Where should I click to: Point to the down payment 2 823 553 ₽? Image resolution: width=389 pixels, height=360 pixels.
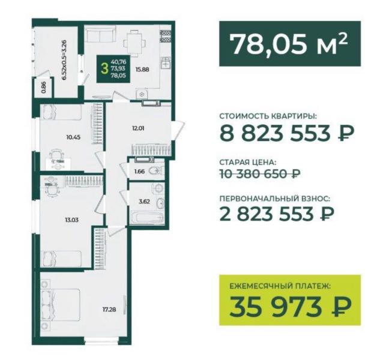277,214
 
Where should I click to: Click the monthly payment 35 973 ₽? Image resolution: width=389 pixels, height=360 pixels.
291,308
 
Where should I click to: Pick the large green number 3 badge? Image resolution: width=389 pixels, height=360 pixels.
106,68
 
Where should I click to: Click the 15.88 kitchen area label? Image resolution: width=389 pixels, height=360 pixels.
142,70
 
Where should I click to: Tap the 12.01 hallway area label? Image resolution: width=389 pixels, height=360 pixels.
138,128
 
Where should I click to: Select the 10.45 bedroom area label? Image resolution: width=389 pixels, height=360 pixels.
73,137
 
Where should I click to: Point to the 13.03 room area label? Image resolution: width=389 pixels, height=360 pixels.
73,220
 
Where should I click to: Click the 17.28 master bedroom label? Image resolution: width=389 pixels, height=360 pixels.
110,310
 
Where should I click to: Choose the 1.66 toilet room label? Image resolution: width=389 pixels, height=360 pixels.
139,171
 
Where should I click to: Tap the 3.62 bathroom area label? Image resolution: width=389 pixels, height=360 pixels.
145,202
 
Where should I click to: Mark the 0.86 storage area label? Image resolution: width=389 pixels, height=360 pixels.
44,88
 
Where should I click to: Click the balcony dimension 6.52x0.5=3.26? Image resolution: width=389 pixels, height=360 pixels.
64,59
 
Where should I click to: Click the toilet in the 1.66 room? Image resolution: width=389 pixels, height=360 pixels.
156,171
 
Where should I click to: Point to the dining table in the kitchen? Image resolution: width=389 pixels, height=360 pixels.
134,43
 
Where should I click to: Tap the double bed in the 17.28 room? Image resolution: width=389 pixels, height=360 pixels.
61,305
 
